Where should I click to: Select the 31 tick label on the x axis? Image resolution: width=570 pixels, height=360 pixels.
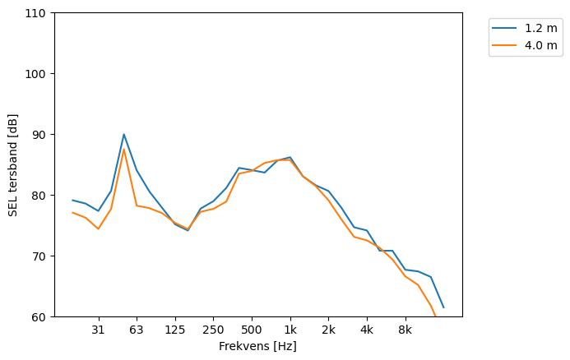[x=98, y=330]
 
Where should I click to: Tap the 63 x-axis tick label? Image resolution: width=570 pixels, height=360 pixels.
[x=137, y=330]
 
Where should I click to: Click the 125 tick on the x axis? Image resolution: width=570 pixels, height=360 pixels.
[x=174, y=330]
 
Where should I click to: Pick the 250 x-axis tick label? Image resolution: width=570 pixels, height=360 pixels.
[x=213, y=330]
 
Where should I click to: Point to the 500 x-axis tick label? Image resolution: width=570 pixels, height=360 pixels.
[x=252, y=330]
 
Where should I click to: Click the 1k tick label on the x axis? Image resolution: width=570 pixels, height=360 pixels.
[x=290, y=330]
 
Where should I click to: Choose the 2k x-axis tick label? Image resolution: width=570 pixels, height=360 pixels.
[x=328, y=330]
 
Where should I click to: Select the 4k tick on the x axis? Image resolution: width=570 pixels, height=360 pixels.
[x=367, y=330]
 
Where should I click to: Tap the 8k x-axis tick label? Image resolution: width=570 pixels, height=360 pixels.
[x=405, y=330]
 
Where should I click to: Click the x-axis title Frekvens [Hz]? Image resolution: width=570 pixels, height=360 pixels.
[x=257, y=346]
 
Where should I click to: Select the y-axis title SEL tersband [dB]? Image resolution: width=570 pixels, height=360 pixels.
[x=13, y=164]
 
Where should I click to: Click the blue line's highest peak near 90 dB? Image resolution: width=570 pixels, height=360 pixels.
[x=123, y=134]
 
